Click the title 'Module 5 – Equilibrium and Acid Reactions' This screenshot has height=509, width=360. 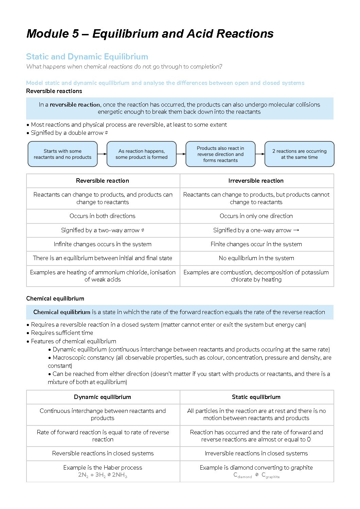tap(150, 34)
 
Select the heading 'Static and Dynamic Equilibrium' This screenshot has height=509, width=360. tap(87, 57)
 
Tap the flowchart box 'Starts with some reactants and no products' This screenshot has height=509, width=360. tap(62, 154)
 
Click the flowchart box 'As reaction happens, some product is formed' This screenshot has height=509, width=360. tap(141, 154)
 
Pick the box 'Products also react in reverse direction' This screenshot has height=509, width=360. tap(220, 154)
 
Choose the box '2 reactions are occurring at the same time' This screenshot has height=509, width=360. tap(299, 154)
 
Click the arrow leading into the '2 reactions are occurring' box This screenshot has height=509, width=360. tap(260, 154)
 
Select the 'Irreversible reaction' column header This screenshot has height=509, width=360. tap(256, 181)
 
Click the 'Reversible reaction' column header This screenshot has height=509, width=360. tap(103, 181)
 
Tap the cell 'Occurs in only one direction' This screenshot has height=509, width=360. tap(256, 216)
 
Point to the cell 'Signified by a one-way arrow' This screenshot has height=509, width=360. tap(256, 230)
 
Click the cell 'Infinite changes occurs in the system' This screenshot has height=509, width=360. tap(103, 244)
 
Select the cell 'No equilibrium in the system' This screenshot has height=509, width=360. tap(256, 258)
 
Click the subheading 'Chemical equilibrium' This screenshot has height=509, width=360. tap(55, 298)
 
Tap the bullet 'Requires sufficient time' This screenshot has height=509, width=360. tap(62, 333)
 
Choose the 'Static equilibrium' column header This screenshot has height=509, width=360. tap(256, 397)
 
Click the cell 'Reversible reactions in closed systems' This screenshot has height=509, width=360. tap(103, 453)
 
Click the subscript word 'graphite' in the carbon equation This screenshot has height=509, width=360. tap(272, 477)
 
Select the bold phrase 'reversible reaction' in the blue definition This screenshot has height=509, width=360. tap(75, 105)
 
